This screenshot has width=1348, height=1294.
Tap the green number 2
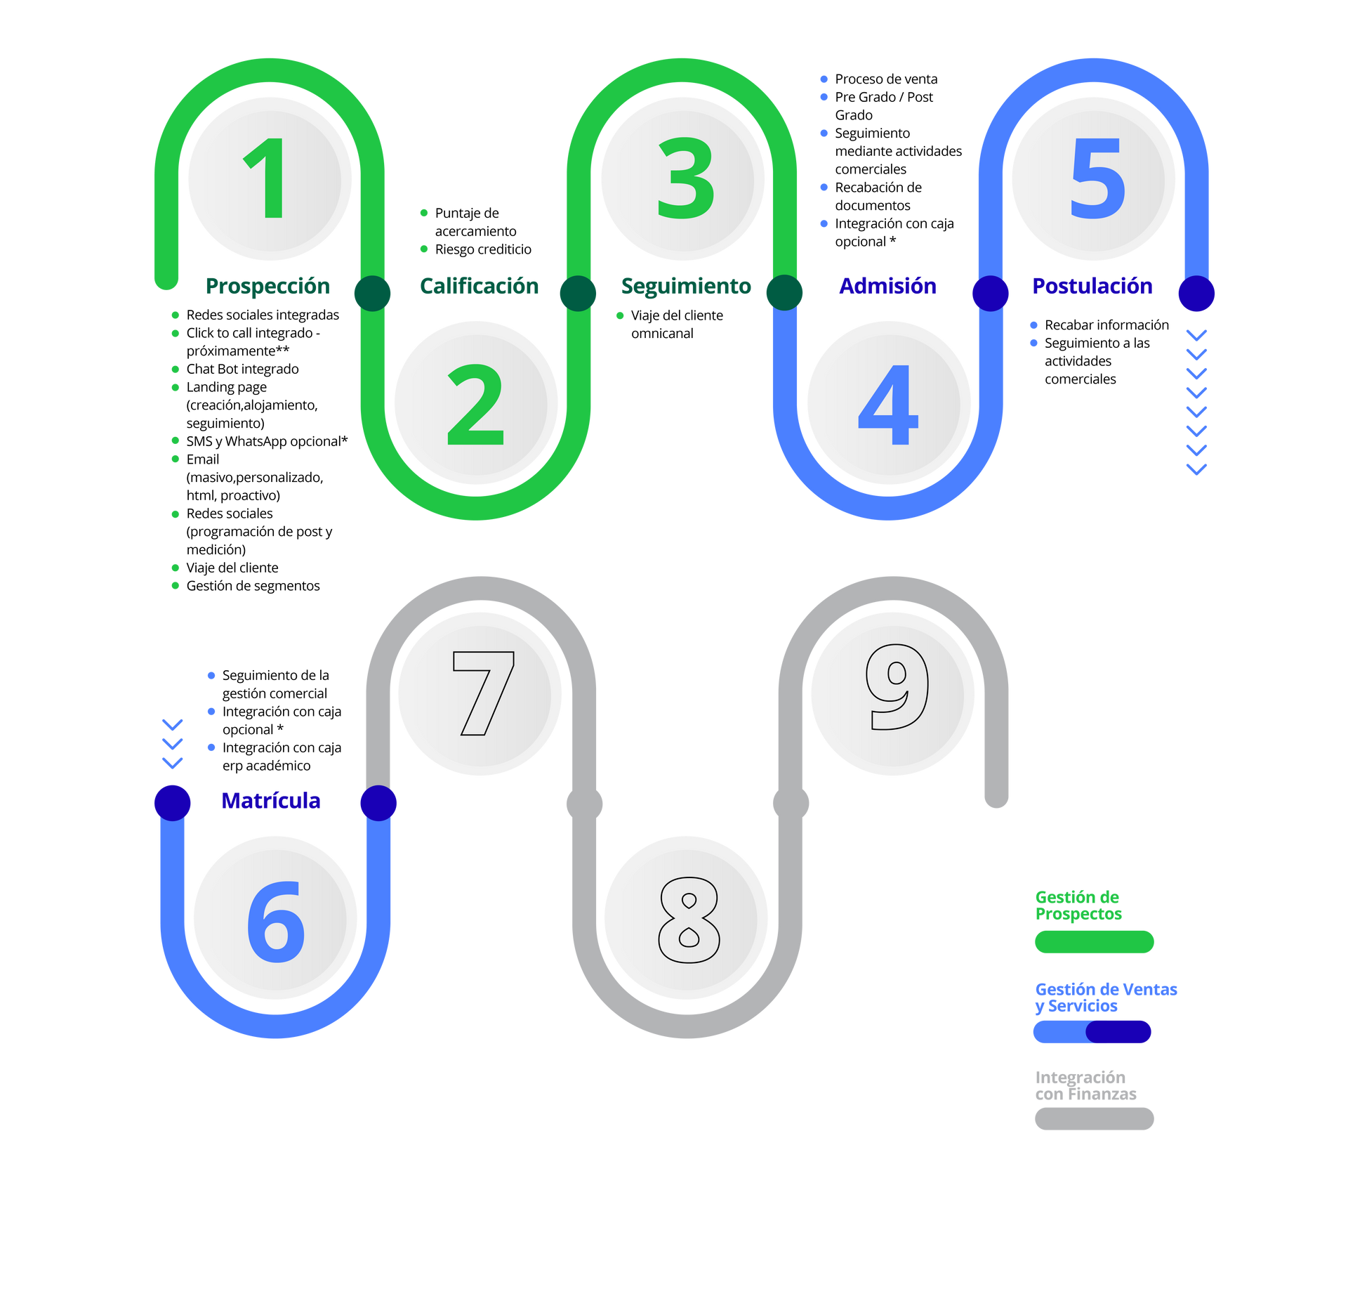(476, 404)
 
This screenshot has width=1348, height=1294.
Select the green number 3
(686, 178)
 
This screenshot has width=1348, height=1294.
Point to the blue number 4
(888, 405)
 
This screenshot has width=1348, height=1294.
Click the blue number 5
(1097, 178)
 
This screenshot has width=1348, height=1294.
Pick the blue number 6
(276, 922)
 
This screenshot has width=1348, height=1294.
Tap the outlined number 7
(484, 693)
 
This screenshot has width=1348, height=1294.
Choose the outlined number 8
(689, 920)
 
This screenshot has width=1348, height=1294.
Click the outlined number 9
(897, 686)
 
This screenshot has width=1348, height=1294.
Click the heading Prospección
(267, 287)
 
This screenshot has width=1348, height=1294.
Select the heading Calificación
(479, 286)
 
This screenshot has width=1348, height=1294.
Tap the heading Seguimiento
(686, 287)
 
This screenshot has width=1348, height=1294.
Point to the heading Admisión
(887, 286)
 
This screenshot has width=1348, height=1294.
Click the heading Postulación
(1092, 286)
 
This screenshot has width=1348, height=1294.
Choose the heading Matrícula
(271, 800)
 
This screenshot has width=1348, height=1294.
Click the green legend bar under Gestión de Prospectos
(1094, 941)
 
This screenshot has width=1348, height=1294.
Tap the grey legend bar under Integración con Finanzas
(1094, 1118)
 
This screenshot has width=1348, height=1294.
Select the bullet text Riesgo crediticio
(483, 249)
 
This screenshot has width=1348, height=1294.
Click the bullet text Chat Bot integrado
(242, 369)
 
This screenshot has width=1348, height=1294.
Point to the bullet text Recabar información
(1106, 325)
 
